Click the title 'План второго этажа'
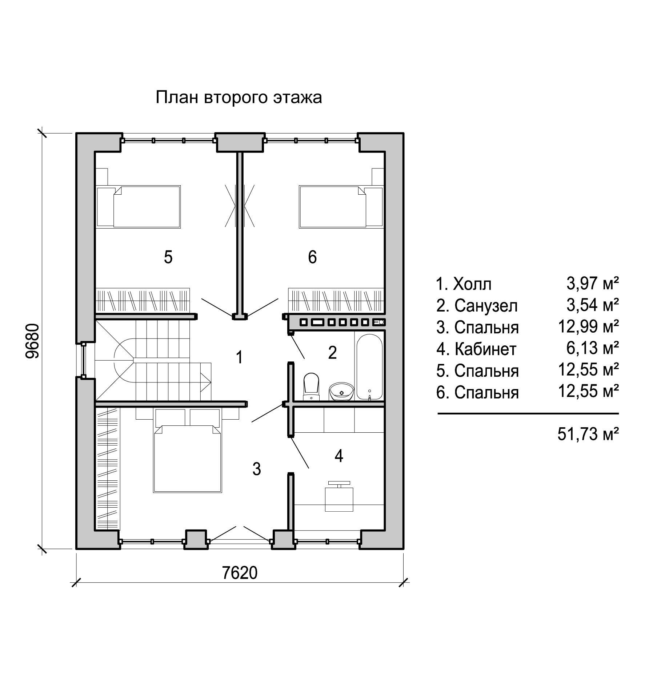click(x=239, y=98)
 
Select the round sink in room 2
click(x=341, y=391)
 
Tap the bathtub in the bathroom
click(x=369, y=367)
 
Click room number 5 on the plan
click(x=168, y=257)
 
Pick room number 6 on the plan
click(x=312, y=257)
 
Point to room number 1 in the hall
click(x=239, y=357)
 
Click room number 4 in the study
click(x=339, y=456)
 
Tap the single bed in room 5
click(x=138, y=207)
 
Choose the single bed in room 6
click(x=341, y=207)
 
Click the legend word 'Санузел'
click(x=486, y=306)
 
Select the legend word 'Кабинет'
click(x=485, y=349)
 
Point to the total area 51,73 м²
click(x=588, y=434)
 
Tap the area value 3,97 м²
click(x=593, y=283)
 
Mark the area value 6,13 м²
click(x=593, y=348)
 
